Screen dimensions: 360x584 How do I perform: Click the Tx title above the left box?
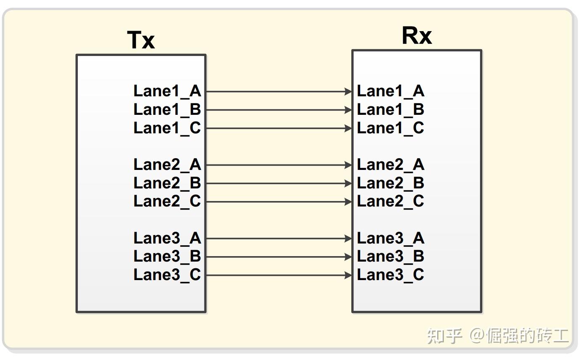click(141, 40)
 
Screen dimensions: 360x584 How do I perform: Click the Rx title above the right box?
click(417, 36)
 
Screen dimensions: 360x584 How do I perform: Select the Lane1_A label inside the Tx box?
click(167, 91)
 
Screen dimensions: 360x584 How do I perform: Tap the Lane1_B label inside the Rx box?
click(390, 110)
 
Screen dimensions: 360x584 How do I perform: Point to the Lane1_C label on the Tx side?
click(167, 128)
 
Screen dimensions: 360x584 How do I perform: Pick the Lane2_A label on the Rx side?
click(390, 165)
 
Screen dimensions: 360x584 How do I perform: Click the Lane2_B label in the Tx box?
click(167, 183)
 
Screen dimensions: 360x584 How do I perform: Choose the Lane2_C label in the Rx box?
click(390, 201)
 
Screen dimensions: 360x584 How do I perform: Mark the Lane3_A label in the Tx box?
click(167, 238)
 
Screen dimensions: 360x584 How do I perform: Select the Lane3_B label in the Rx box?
click(390, 257)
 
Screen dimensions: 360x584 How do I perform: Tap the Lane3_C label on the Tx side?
click(167, 275)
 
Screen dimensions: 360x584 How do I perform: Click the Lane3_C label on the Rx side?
click(390, 275)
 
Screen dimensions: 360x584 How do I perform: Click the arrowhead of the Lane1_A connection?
click(348, 91)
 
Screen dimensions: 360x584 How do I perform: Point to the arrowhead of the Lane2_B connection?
click(348, 183)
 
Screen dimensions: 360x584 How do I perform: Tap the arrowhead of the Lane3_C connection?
click(348, 275)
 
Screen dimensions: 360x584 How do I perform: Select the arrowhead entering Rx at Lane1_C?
click(348, 128)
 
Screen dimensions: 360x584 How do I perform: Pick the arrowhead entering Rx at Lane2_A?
click(348, 165)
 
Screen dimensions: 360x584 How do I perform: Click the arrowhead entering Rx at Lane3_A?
click(348, 239)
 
